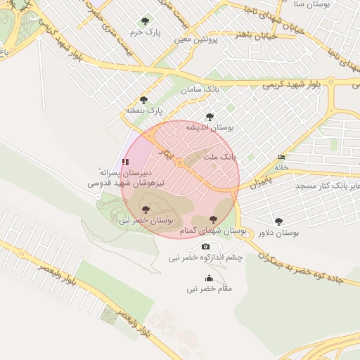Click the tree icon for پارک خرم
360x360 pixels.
146,21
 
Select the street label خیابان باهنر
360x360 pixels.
252,34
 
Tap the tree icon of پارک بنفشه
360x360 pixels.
144,100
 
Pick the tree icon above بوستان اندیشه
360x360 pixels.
209,117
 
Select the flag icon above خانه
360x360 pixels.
282,156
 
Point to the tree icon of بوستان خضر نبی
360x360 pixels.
146,210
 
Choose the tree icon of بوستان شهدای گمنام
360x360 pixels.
213,220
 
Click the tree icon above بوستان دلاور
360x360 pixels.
278,221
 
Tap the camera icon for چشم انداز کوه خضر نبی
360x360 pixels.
205,246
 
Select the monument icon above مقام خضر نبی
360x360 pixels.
209,278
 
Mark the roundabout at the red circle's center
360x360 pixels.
180,164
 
